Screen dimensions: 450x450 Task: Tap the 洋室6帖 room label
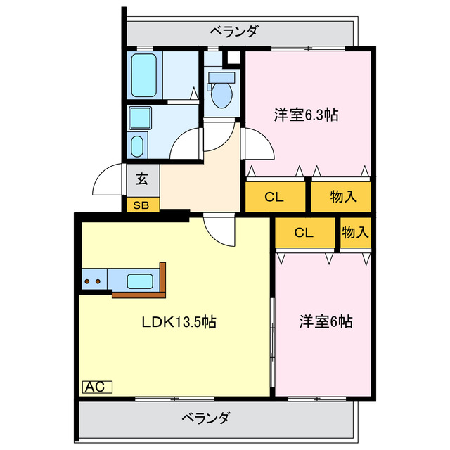[326, 322]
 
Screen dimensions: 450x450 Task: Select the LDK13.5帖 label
[179, 323]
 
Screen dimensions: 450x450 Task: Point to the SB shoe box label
[142, 205]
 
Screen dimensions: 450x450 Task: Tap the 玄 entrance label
[142, 179]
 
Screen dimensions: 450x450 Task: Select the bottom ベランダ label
[205, 418]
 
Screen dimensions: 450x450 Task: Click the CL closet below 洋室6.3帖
[274, 197]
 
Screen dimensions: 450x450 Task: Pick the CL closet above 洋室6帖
[304, 233]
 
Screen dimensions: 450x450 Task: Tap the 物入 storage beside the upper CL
[342, 197]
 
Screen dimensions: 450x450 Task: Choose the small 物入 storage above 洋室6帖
[356, 232]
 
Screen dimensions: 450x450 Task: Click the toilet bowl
[221, 94]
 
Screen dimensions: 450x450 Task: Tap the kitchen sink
[141, 281]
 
